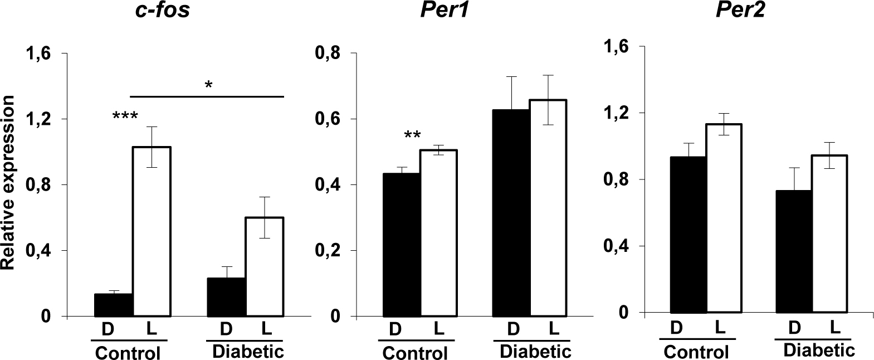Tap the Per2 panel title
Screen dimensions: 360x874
click(740, 11)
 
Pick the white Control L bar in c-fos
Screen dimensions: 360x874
click(151, 231)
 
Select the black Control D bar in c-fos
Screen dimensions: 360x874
click(113, 305)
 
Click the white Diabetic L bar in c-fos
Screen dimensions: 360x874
click(265, 266)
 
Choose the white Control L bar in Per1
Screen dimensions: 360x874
click(438, 233)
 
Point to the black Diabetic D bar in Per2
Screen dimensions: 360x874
click(793, 251)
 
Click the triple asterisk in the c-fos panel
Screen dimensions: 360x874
click(125, 118)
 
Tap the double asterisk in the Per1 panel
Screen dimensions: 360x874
click(413, 136)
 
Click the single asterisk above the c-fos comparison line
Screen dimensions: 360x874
click(209, 85)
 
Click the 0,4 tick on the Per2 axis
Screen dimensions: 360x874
click(617, 246)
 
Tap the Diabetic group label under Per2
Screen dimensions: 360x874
click(818, 350)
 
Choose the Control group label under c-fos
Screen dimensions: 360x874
click(128, 353)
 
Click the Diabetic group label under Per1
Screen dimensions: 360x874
click(535, 352)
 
